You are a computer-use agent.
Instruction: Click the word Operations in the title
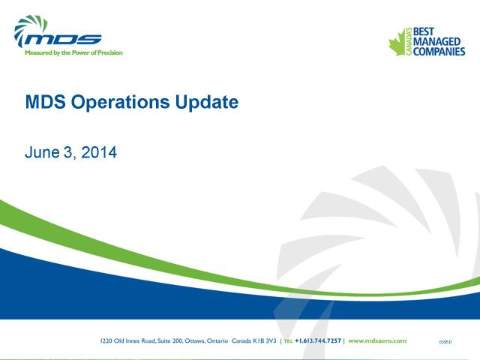pos(120,103)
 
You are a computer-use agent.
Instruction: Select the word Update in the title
pos(207,103)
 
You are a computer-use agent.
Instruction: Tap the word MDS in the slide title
pos(45,102)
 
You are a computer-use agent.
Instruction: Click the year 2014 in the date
pos(99,152)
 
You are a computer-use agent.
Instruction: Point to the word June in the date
pos(42,152)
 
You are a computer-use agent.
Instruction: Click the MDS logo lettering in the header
pos(63,40)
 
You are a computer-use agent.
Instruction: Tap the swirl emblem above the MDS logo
pos(30,28)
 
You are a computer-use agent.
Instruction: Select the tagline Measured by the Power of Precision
pos(73,52)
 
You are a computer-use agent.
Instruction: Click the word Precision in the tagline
pos(110,52)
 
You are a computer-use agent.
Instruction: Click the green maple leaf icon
pos(397,43)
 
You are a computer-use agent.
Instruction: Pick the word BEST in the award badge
pos(423,31)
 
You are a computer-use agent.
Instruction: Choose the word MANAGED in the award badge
pos(436,41)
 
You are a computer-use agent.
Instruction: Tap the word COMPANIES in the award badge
pos(439,52)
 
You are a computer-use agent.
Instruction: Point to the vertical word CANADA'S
pos(409,42)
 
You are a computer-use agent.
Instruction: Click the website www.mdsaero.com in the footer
pos(377,340)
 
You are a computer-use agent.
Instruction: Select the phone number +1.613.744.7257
pos(318,340)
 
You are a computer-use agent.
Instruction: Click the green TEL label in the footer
pos(288,341)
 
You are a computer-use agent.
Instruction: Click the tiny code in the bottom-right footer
pos(445,342)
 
